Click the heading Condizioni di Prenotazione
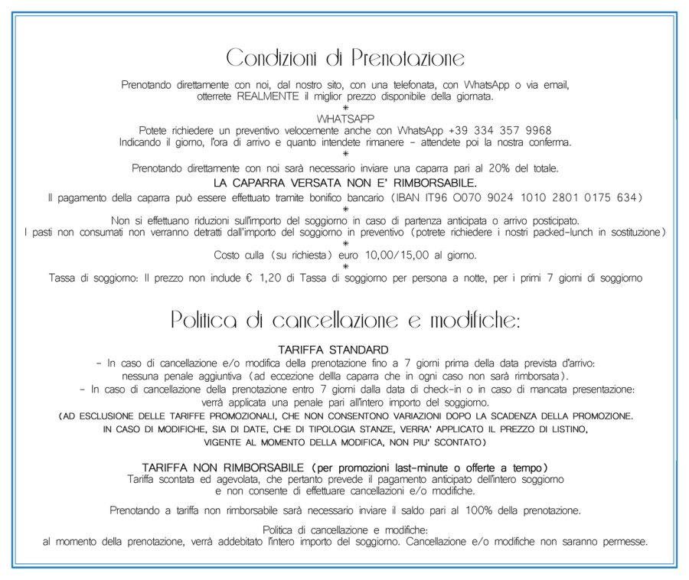(x=345, y=57)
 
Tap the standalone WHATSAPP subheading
(x=345, y=119)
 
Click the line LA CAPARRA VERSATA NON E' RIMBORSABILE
(x=345, y=183)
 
